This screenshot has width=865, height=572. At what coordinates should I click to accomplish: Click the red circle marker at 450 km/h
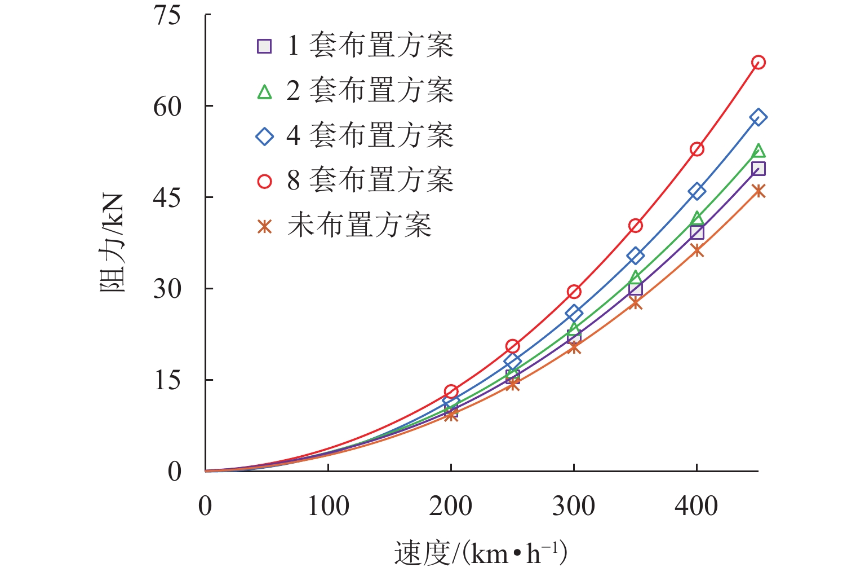click(x=758, y=63)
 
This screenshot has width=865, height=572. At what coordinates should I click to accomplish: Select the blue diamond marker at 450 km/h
click(x=758, y=117)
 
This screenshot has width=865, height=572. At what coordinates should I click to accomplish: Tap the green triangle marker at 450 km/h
click(x=758, y=151)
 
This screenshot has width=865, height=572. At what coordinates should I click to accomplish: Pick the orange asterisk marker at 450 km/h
click(x=758, y=191)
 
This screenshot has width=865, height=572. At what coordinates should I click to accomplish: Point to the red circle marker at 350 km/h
click(x=636, y=226)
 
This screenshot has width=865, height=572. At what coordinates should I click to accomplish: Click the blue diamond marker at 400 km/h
click(x=697, y=191)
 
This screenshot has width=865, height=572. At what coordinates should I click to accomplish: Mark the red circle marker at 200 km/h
click(x=451, y=391)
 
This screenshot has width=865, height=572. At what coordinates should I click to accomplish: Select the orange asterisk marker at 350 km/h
click(x=636, y=303)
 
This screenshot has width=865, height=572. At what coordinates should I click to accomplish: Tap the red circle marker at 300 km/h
click(x=574, y=292)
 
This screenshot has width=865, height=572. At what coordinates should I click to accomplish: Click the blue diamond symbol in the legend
click(x=264, y=136)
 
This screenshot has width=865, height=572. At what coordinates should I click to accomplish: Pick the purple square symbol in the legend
click(x=264, y=46)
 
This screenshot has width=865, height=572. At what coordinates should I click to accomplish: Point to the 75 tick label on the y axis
click(x=167, y=15)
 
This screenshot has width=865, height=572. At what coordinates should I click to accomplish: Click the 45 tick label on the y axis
click(x=167, y=198)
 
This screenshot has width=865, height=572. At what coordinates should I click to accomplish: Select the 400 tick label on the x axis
click(x=697, y=506)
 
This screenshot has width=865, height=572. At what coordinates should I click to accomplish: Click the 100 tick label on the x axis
click(x=328, y=506)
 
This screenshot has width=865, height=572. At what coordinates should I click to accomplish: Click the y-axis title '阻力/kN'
click(x=112, y=243)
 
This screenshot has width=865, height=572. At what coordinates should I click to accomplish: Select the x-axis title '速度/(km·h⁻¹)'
click(x=480, y=553)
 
